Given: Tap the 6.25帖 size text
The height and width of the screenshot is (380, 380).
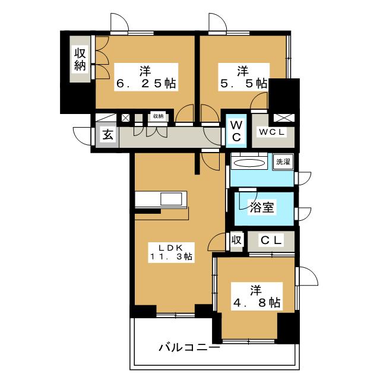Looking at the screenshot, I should click(x=145, y=84).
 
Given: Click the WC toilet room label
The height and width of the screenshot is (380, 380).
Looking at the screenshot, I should click(x=236, y=132).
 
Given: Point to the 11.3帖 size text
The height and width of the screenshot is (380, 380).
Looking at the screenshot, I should click(x=170, y=257).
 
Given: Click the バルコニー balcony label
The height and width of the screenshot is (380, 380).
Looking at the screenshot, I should click(x=189, y=347).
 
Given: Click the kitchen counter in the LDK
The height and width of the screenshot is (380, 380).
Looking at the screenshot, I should click(x=161, y=199).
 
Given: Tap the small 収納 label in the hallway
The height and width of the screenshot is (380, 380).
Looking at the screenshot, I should click(x=157, y=116).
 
